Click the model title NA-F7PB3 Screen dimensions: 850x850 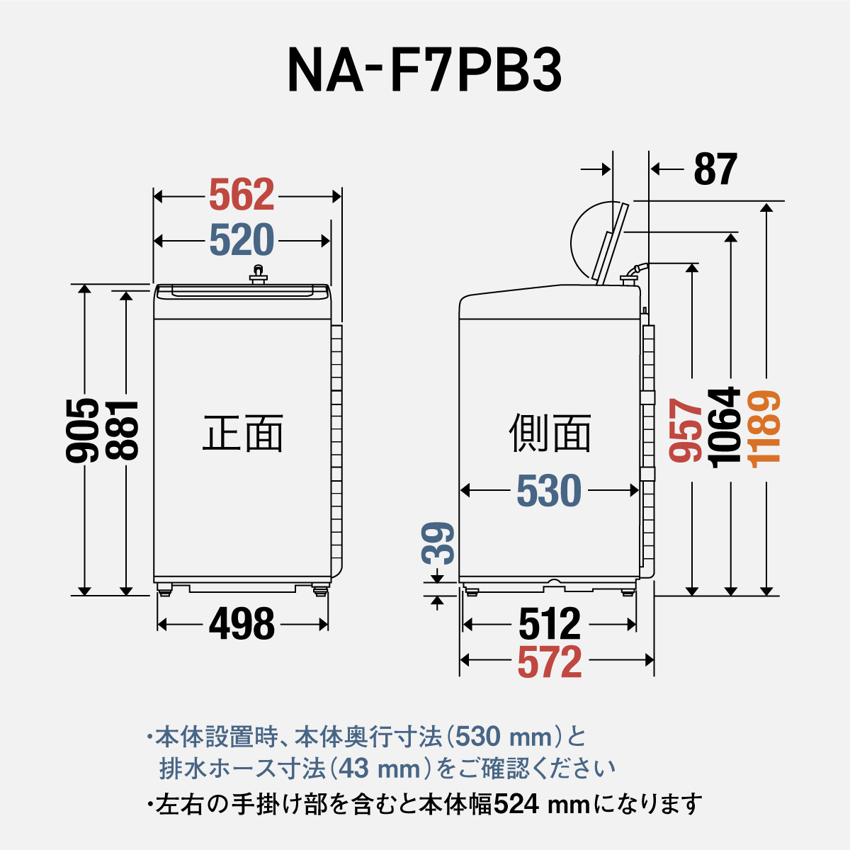[x=424, y=71]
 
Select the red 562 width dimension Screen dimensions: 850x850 [x=242, y=195]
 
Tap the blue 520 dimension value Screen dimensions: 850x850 [x=242, y=241]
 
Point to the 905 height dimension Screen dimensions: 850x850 [x=83, y=431]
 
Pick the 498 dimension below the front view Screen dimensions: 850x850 [x=242, y=625]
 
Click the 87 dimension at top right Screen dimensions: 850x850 [x=715, y=169]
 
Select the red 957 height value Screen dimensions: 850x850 [x=686, y=431]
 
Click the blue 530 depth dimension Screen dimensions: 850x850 [x=549, y=491]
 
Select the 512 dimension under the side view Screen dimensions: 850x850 [x=549, y=625]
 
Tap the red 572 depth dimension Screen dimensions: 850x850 [x=549, y=662]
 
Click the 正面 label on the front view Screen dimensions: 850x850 [x=243, y=433]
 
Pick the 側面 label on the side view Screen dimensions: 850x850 [x=550, y=433]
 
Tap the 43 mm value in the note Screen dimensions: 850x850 [x=382, y=768]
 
